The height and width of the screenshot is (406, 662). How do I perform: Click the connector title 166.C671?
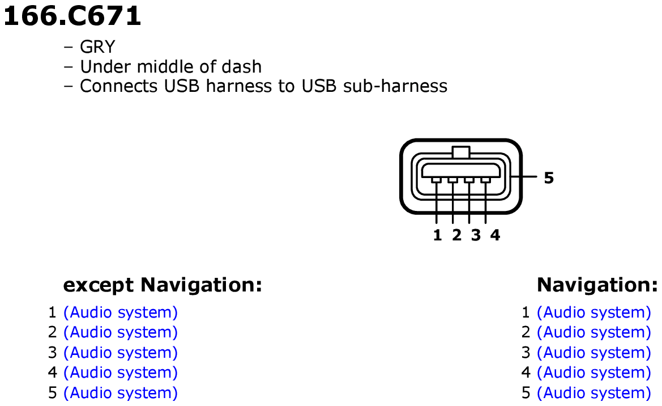[x=72, y=16]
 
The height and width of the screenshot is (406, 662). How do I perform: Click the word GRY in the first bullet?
[x=97, y=47]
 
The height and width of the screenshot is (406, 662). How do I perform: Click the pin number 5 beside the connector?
[x=548, y=178]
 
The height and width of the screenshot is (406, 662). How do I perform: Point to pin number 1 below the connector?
[x=437, y=235]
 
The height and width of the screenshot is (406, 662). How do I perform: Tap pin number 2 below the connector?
[x=456, y=235]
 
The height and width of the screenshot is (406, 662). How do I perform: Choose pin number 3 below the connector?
[x=476, y=235]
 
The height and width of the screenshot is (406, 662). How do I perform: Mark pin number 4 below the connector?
[x=496, y=235]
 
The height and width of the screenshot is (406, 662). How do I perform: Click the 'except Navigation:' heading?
[x=163, y=285]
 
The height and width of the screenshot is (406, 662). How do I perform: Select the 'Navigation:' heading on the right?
[x=597, y=285]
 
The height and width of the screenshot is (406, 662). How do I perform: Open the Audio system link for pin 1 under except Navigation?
[x=121, y=312]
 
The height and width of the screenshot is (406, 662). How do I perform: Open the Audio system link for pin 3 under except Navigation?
[x=121, y=353]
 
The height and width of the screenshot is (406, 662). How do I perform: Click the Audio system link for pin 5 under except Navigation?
[x=121, y=393]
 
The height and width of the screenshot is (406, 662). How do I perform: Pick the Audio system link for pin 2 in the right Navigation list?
[x=594, y=332]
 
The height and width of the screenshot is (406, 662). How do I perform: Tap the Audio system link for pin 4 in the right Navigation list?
[x=594, y=373]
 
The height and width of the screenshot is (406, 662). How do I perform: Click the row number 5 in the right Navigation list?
[x=526, y=393]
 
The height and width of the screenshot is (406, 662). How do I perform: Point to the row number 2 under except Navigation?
[x=52, y=332]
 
